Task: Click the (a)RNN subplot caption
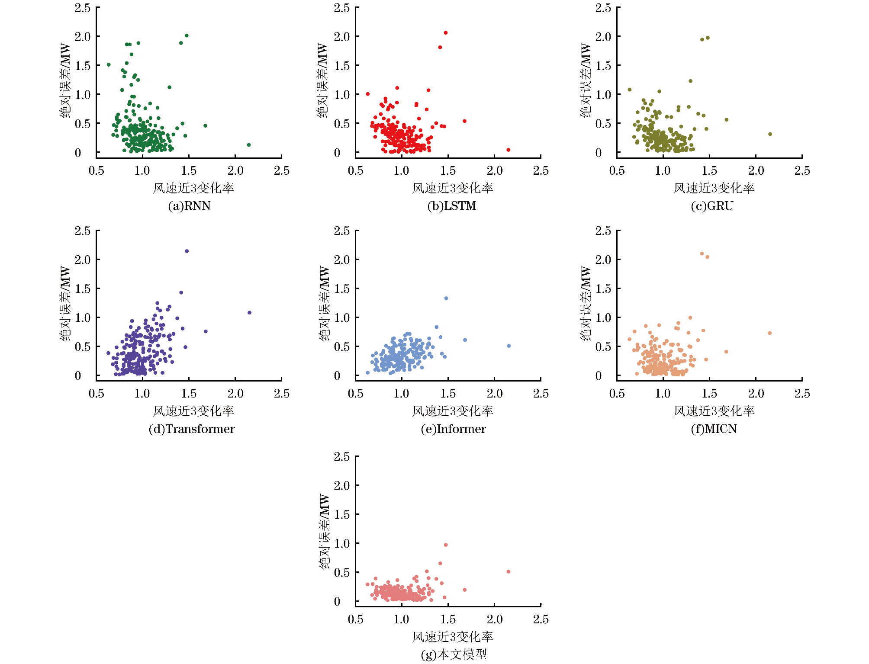tap(189, 206)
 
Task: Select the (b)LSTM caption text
tap(451, 206)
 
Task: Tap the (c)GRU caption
tap(712, 206)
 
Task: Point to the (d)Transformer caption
tap(191, 429)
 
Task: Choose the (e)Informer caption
tap(453, 429)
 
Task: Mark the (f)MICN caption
tap(714, 429)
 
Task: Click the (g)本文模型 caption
tap(453, 654)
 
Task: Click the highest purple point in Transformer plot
tap(187, 251)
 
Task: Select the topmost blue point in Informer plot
tap(446, 298)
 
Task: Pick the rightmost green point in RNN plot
tap(249, 145)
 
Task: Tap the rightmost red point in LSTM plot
tap(509, 150)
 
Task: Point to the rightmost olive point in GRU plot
tap(770, 134)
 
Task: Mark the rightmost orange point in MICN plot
tap(770, 333)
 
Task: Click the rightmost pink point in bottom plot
tap(509, 572)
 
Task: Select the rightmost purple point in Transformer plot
tap(250, 313)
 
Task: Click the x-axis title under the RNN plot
tap(193, 188)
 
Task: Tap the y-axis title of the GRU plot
tap(586, 80)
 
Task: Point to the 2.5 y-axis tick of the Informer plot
tap(341, 231)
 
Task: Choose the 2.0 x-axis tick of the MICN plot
tap(756, 394)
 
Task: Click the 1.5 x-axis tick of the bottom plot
tap(448, 619)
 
